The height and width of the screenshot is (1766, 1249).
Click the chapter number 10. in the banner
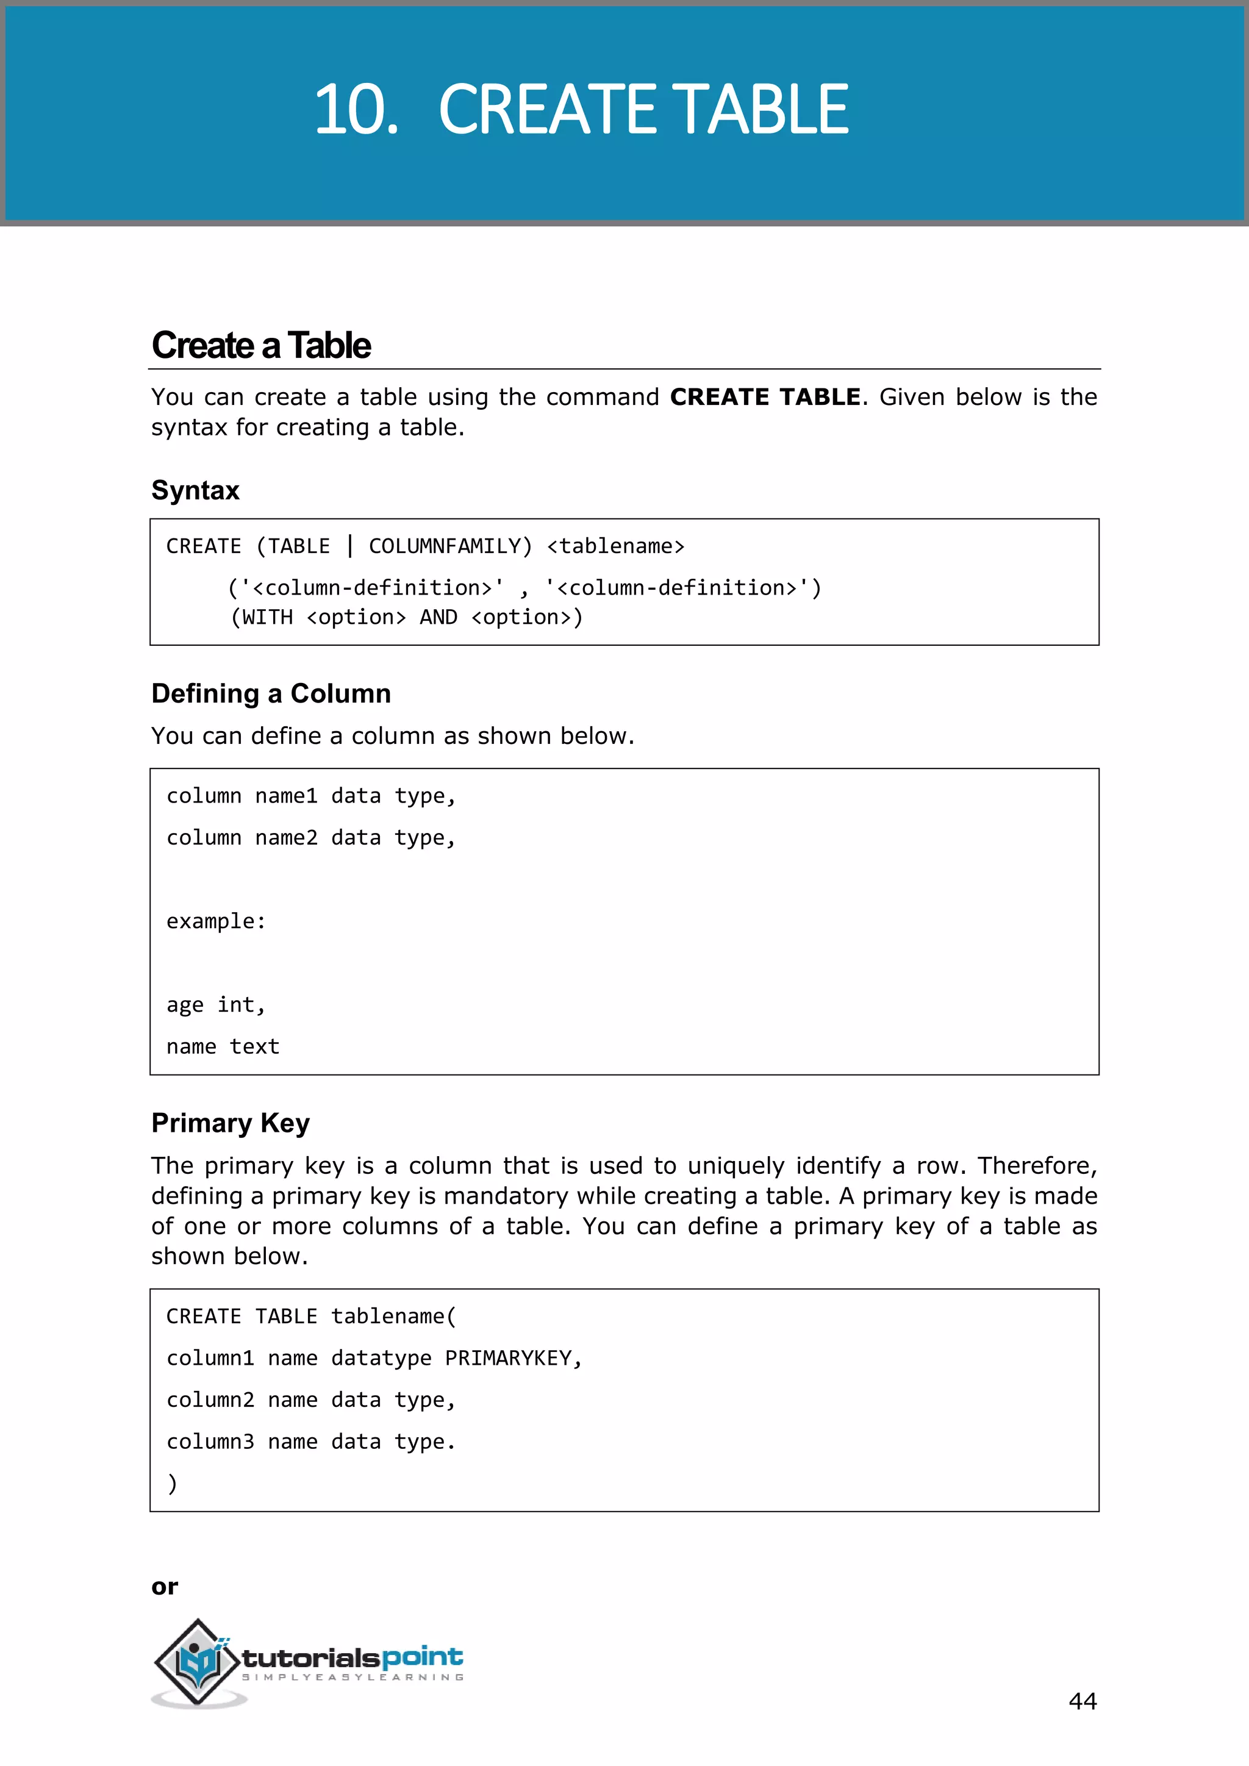tap(356, 110)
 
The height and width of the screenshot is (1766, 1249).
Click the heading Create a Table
tap(261, 345)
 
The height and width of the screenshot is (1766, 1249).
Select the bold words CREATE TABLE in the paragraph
tap(765, 397)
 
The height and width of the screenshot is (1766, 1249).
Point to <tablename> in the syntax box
tap(615, 546)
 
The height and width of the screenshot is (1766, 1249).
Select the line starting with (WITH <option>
tap(407, 618)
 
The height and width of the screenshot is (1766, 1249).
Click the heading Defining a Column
tap(271, 694)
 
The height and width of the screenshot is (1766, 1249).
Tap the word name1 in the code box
tap(286, 796)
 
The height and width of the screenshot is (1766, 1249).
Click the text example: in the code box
tap(216, 921)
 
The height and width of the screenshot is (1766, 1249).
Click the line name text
tap(223, 1047)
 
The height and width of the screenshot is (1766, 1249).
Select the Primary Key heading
tap(230, 1123)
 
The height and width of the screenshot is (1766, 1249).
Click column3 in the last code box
tap(210, 1442)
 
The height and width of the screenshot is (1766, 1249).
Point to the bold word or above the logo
tap(165, 1587)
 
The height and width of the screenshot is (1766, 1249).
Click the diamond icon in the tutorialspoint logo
tap(198, 1661)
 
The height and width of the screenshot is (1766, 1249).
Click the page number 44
tap(1082, 1701)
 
